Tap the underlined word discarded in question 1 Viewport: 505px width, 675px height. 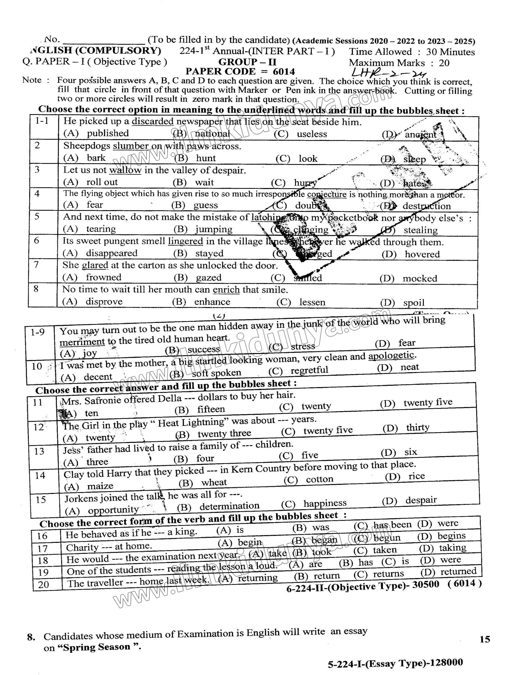click(153, 122)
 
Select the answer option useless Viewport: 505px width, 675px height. click(312, 134)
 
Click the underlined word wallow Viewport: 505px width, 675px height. click(125, 170)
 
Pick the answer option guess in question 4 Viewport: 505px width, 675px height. click(205, 205)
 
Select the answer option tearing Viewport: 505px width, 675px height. click(101, 229)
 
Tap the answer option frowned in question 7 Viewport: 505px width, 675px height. click(104, 277)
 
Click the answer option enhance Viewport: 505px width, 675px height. click(212, 302)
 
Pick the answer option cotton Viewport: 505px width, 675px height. click(320, 479)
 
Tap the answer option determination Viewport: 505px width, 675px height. click(229, 506)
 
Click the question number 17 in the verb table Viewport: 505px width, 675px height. click(43, 549)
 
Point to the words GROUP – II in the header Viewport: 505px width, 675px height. click(247, 62)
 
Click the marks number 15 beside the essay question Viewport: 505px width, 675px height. click(485, 639)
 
